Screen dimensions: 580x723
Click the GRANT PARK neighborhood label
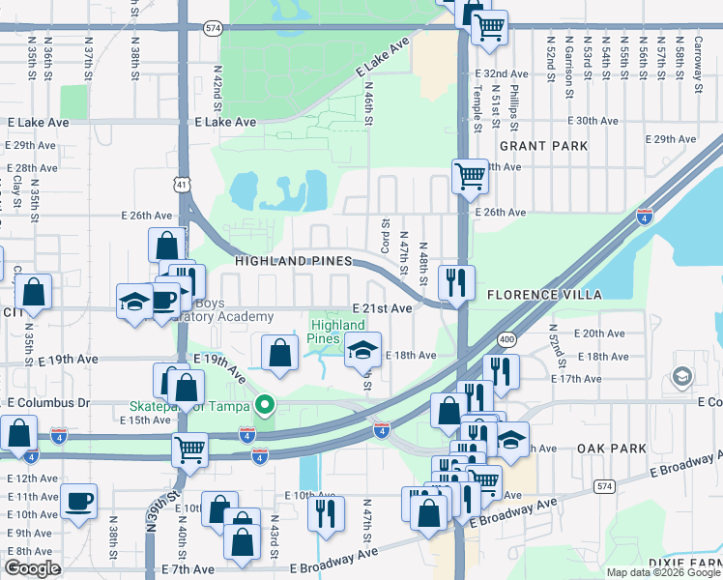coord(543,146)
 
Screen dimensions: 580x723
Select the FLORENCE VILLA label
coord(543,295)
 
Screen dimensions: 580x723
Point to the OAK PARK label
coord(610,449)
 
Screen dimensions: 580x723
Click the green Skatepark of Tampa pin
coord(261,406)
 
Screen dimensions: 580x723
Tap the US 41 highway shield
coord(183,182)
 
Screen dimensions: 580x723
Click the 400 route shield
coord(506,339)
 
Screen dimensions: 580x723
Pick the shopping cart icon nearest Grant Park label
coord(470,177)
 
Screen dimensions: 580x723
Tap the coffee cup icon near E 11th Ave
coord(78,502)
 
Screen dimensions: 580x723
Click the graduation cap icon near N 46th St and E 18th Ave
coord(363,350)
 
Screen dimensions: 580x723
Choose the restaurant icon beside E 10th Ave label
coord(326,511)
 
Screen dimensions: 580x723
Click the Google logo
coord(32,568)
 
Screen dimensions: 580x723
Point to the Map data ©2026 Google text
coord(662,572)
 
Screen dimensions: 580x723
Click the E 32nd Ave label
coord(506,73)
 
